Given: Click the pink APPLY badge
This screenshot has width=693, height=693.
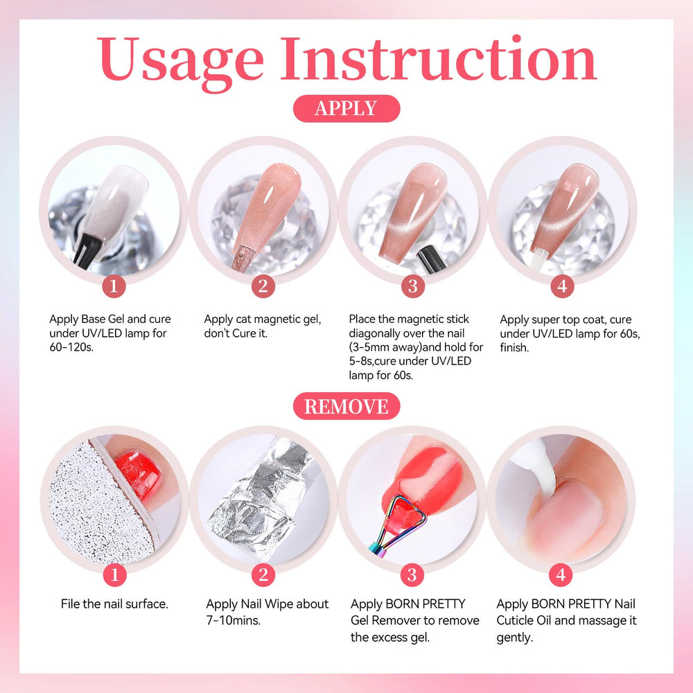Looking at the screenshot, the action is coord(346,108).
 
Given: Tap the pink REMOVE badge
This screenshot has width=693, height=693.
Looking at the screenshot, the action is coord(346,406).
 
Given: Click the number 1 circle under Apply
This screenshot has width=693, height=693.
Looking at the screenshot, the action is coord(114,286).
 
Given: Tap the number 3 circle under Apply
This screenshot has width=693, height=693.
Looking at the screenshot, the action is coord(413,286).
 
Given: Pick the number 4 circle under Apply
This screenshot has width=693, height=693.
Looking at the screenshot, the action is coord(562,286).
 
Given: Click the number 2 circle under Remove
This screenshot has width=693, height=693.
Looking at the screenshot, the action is coord(263,574).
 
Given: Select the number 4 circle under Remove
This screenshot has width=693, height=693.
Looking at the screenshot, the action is coord(561,574).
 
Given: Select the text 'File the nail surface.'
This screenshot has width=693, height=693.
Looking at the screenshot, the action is coord(114,604).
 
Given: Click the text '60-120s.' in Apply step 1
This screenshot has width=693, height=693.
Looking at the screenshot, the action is coord(71,347).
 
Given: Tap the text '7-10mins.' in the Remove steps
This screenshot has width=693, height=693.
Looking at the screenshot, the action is coord(234,620).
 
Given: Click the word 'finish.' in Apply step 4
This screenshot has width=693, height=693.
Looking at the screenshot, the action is coord(514,347).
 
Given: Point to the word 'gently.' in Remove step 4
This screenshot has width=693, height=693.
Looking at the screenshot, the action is coord(515,638).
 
